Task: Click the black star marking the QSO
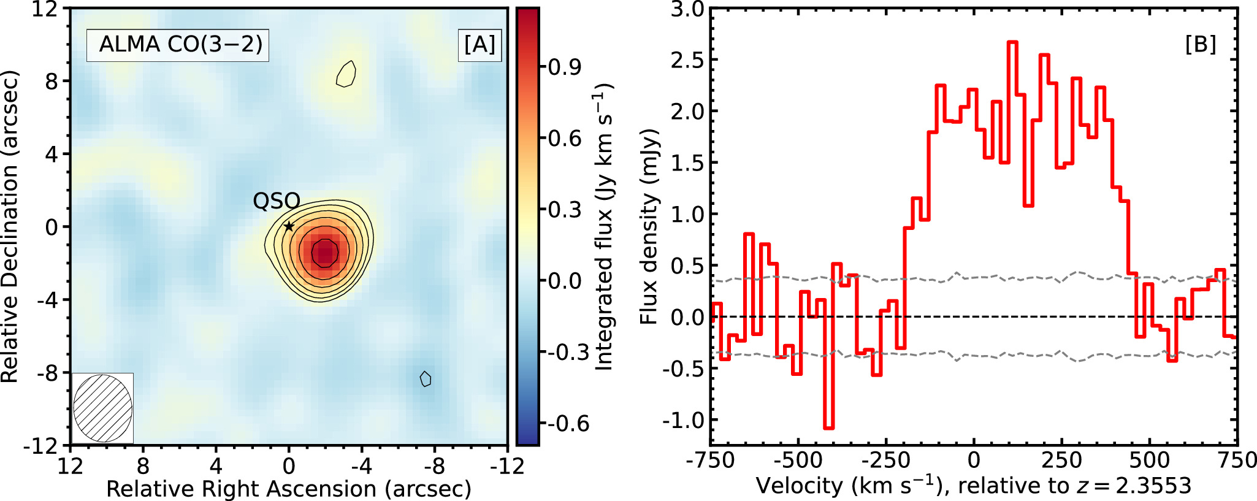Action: pos(289,226)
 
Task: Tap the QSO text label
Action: pos(277,201)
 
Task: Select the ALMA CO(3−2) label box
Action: pos(178,45)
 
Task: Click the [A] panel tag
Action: pos(479,45)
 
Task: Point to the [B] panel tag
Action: pos(1200,45)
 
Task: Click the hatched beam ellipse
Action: pos(103,408)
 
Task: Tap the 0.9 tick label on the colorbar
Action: pos(565,67)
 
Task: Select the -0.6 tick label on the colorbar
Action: pos(568,424)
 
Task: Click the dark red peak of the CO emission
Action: pos(324,253)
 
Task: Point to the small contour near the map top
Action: pos(346,74)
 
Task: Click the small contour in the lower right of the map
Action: pos(426,379)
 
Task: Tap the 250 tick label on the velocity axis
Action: pos(1061,460)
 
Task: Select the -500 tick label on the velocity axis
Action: pos(798,460)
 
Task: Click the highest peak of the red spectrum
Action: pos(1012,43)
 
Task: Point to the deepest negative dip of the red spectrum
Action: pos(828,427)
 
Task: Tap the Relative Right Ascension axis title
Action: pos(289,489)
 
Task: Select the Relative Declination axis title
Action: pos(10,227)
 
